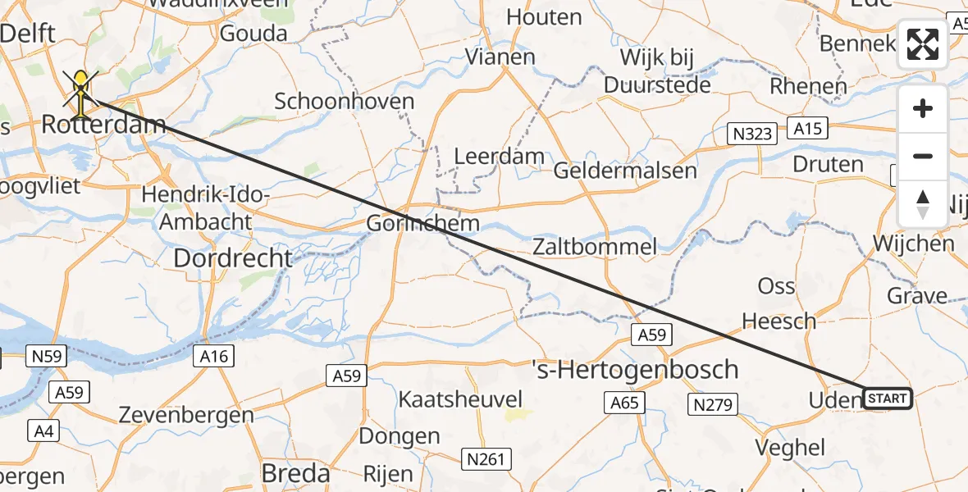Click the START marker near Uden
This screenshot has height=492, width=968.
887,399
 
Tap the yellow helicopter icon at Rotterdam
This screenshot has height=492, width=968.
81,91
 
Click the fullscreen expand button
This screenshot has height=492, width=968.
923,44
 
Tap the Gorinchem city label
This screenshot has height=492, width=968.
422,223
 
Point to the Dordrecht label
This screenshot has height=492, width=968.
233,258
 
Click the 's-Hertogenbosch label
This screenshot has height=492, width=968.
635,369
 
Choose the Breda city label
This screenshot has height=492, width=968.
295,473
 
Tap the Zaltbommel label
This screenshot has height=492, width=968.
594,246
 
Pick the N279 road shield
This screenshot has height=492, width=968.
715,403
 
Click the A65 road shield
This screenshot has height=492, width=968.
624,403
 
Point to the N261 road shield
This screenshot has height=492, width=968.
485,458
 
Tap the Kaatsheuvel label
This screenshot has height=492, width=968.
460,399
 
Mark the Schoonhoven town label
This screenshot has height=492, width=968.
344,101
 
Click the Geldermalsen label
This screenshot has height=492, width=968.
625,171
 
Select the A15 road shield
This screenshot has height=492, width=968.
809,128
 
